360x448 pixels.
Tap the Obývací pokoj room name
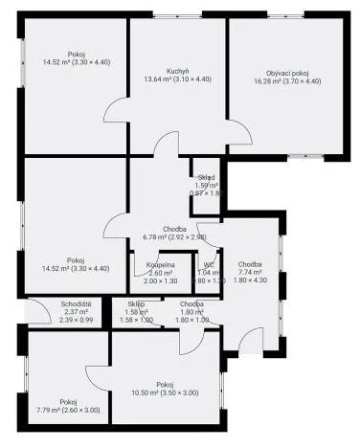[x=287, y=73]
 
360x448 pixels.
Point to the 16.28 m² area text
[x=287, y=82]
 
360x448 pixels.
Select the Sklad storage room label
[x=206, y=177]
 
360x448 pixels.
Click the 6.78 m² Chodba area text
[x=173, y=236]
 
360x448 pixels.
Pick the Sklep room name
[x=137, y=303]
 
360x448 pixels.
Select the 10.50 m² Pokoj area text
[x=165, y=393]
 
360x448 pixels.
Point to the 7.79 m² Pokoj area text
[x=68, y=411]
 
